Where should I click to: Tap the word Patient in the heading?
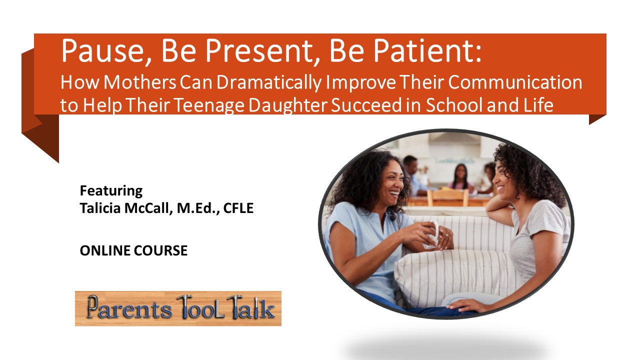[427, 51]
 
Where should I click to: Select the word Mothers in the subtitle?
[139, 82]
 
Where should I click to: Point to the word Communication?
[515, 82]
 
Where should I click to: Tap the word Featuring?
[111, 191]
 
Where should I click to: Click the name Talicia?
[100, 208]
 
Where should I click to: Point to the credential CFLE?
[238, 208]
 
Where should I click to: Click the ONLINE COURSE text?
[133, 250]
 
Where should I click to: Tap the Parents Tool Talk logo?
[178, 308]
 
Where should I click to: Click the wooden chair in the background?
[447, 197]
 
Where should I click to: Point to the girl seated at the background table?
[460, 177]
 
